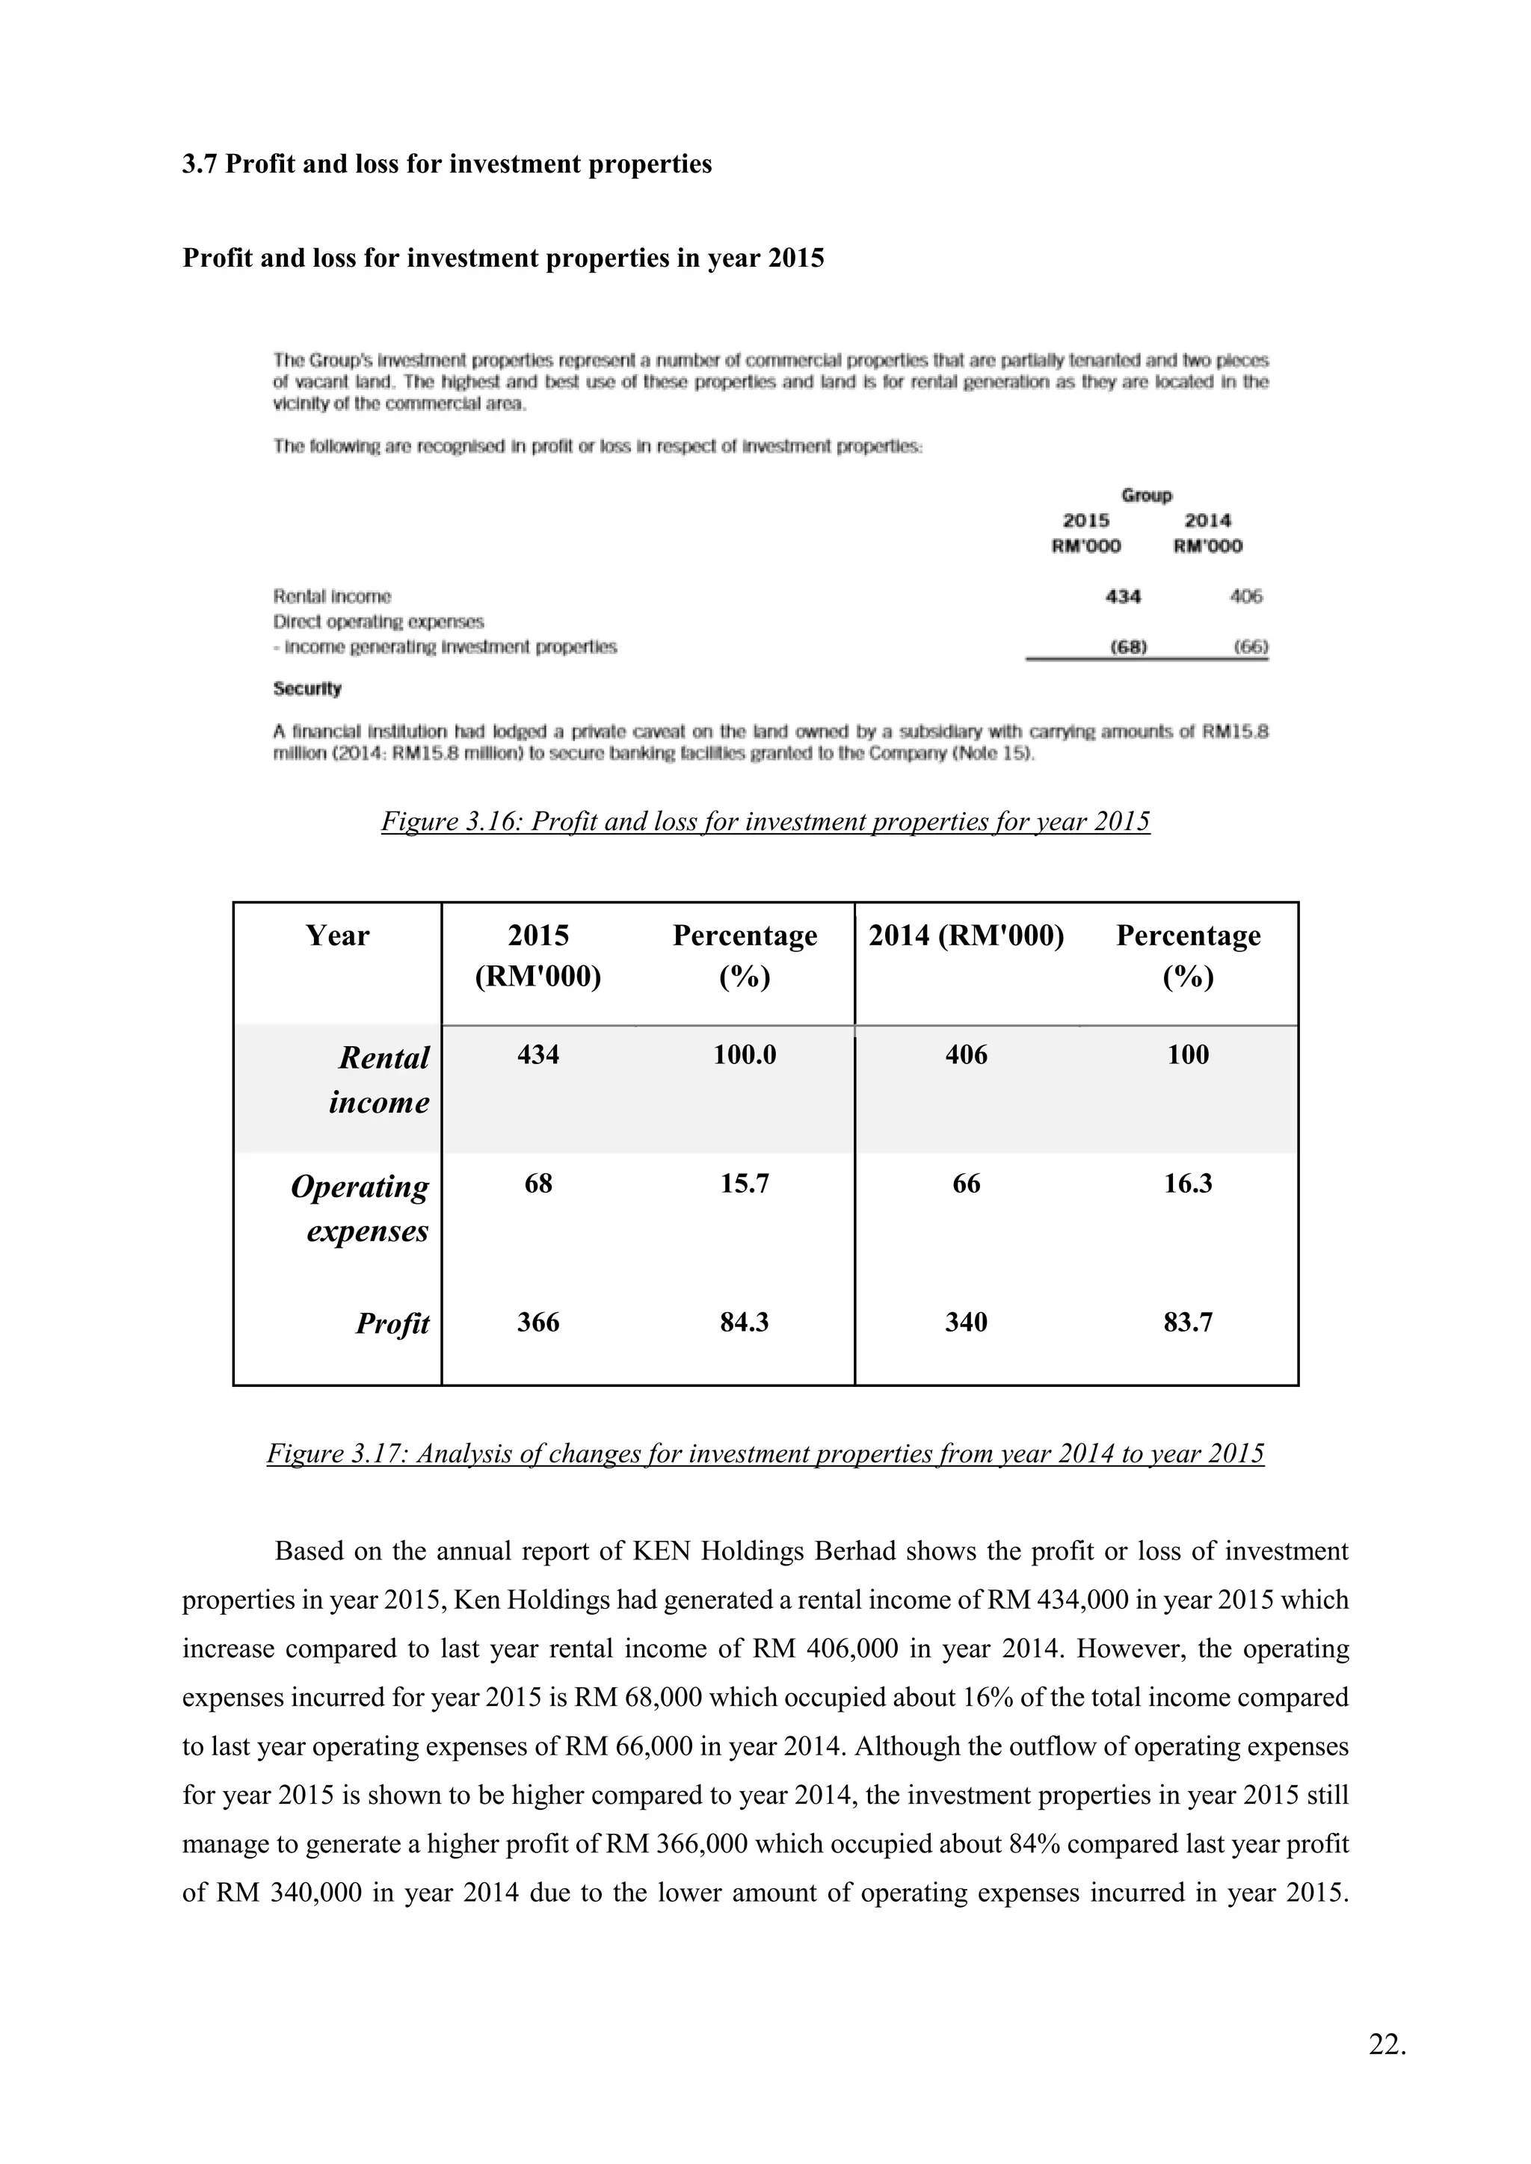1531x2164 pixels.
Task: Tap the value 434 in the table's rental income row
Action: pos(537,1054)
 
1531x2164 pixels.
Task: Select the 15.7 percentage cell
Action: pos(744,1183)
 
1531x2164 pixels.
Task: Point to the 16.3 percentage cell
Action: pos(1187,1183)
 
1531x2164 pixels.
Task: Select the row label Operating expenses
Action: pos(360,1208)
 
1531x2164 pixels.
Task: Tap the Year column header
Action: pos(336,935)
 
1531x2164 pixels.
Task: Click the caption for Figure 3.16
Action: pos(765,821)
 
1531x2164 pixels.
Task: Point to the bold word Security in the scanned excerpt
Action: pos(307,689)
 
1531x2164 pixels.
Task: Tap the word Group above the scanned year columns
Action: pos(1146,495)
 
